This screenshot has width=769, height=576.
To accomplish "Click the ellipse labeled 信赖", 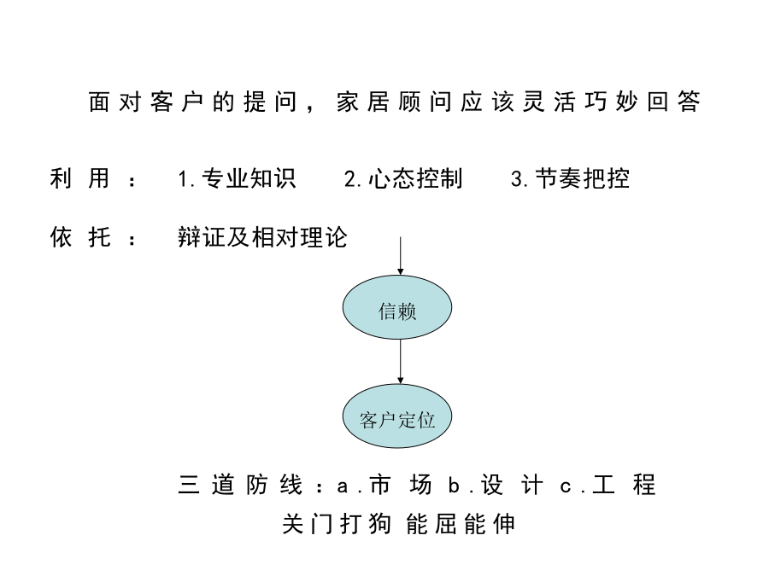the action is [x=396, y=307].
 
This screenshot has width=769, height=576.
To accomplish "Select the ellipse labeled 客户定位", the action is [x=396, y=416].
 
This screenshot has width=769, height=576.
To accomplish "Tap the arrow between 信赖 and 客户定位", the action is [x=400, y=362].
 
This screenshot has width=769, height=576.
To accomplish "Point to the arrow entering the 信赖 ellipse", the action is [x=400, y=256].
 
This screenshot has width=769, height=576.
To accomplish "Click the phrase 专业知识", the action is [x=249, y=178].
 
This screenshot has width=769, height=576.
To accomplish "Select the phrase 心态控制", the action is [x=415, y=178].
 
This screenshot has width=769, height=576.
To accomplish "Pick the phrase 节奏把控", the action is [x=582, y=178].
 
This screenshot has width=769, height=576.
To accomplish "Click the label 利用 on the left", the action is [x=80, y=178].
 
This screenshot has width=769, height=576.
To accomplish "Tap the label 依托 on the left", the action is [x=80, y=237].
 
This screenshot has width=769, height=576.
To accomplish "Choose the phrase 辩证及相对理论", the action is [x=262, y=237].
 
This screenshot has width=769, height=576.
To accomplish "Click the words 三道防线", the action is [x=240, y=485].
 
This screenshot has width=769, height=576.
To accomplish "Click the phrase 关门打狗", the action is [x=337, y=524].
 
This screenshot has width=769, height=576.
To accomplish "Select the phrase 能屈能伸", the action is [x=461, y=524].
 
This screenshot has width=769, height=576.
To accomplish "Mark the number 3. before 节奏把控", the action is [x=520, y=179].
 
